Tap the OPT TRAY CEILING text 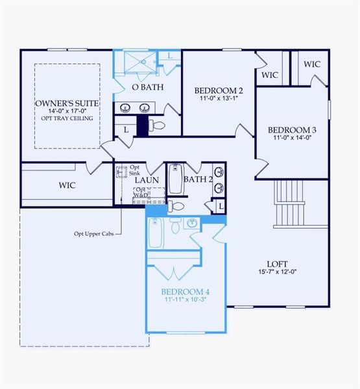click(64, 119)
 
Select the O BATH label click(147, 87)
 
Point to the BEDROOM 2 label click(218, 90)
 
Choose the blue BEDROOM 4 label click(186, 292)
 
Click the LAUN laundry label click(147, 180)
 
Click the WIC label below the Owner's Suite click(67, 185)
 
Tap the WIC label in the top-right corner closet click(312, 64)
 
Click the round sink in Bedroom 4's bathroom click(192, 224)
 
